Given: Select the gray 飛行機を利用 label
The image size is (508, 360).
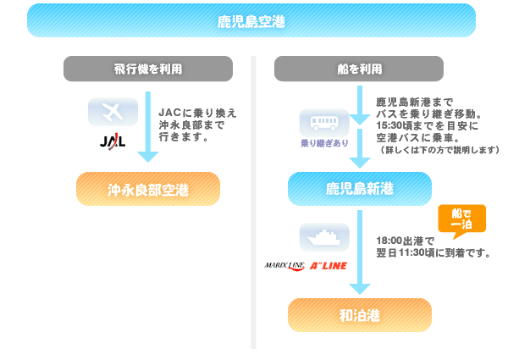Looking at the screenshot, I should (148, 69).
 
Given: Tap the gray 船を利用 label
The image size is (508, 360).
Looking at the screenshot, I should (359, 69).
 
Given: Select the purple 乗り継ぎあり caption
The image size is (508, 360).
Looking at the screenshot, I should (323, 143).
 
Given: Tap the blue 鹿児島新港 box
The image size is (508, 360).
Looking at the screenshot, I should (359, 188).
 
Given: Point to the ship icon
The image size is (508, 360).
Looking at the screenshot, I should (323, 236).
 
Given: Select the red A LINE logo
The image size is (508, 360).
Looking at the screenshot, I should (329, 265).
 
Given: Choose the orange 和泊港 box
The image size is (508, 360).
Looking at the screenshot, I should (359, 315).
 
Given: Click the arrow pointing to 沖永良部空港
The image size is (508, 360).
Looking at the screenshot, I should (148, 127).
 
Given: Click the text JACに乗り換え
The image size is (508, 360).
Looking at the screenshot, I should (197, 111).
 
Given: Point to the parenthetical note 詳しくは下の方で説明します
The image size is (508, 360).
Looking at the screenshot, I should (437, 150).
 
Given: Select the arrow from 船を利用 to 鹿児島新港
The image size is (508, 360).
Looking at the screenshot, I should (359, 127).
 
